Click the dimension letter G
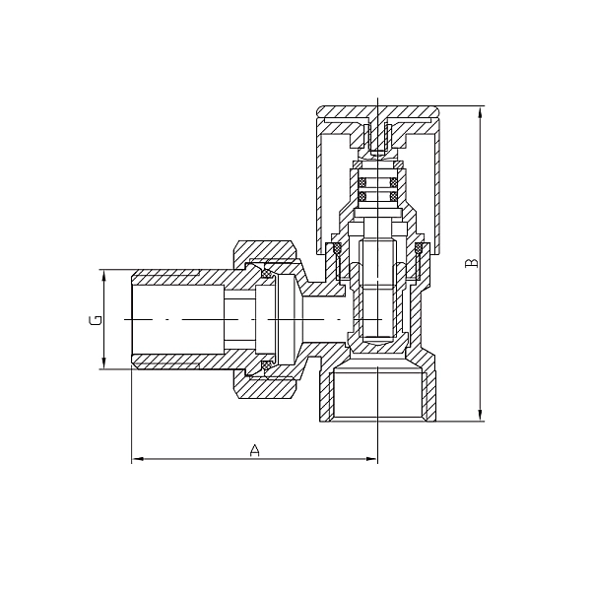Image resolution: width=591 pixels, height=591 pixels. (x=96, y=320)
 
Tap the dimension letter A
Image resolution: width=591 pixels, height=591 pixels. (x=255, y=450)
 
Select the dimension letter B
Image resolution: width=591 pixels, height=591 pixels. (x=472, y=263)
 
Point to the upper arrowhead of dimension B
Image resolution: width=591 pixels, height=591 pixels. (x=480, y=112)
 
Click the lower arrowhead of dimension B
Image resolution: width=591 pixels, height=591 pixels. (x=480, y=415)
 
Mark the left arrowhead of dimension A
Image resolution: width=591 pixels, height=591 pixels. (x=138, y=459)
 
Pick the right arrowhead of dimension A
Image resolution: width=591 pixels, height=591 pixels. (x=371, y=459)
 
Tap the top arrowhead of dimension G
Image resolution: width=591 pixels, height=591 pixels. (x=103, y=276)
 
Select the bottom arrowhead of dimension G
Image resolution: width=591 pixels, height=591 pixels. (x=103, y=362)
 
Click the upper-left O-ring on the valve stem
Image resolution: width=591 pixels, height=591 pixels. (x=362, y=183)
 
